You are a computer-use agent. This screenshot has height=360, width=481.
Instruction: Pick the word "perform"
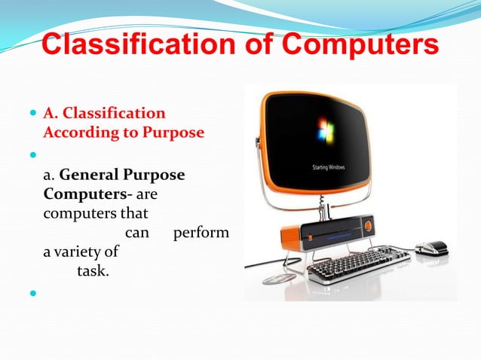coord(201,233)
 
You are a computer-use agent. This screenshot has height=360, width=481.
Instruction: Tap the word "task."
coord(93,271)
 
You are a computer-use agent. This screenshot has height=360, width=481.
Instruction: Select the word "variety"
coord(91,252)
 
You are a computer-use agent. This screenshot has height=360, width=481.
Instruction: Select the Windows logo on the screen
coord(326,131)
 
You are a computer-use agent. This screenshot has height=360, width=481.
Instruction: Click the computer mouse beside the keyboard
coord(432,248)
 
